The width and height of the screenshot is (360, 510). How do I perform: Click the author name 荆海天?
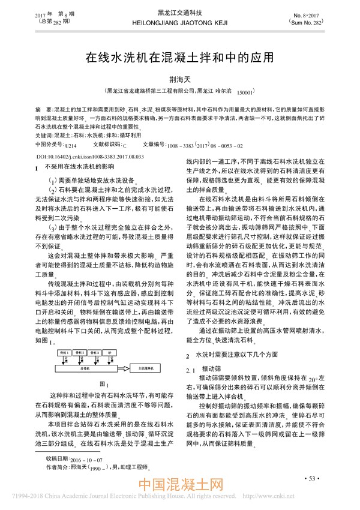pyautogui.click(x=179, y=80)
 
